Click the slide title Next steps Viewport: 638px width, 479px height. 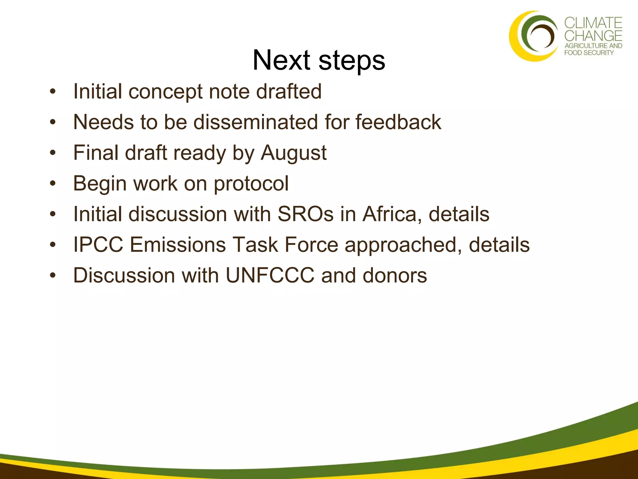(x=319, y=60)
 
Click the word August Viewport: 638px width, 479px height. (x=293, y=153)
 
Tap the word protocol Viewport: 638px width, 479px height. (x=251, y=183)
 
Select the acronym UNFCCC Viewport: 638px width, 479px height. (x=270, y=276)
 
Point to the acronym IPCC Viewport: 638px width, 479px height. (x=98, y=245)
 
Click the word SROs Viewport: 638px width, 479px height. (x=305, y=214)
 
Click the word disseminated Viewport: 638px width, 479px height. (x=255, y=122)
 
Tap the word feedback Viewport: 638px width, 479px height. (x=398, y=122)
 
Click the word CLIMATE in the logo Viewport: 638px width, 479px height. (x=593, y=23)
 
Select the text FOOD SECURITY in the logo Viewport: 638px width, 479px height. (x=589, y=53)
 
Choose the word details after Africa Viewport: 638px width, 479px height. (x=459, y=214)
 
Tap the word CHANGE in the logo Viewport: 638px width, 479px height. (x=593, y=36)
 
